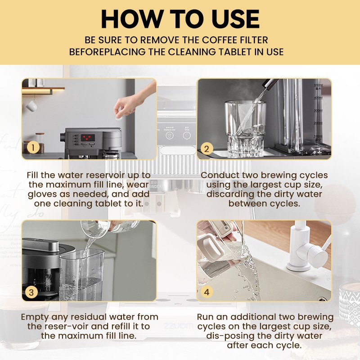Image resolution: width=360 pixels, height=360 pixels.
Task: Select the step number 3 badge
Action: coord(31,292)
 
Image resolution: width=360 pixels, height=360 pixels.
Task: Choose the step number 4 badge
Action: coord(207,292)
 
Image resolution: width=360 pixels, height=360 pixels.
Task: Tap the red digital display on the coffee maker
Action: coord(87,137)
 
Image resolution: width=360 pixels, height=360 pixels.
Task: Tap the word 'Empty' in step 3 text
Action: coord(35,317)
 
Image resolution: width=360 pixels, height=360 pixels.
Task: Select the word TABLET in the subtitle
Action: coord(213,52)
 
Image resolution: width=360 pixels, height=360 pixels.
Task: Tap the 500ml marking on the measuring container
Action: coord(318,85)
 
